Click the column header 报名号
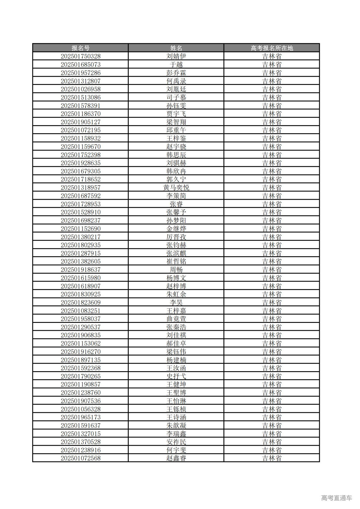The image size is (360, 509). coord(80,48)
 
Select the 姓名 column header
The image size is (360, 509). coord(176,48)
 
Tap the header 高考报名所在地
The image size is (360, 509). coord(272,48)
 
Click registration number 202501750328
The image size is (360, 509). coord(80,56)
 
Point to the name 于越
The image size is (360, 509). coord(176,64)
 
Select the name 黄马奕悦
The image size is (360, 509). coord(176,188)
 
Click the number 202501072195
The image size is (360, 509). coord(80,130)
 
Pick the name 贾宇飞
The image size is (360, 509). coord(176,114)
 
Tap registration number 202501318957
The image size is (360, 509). coord(80,188)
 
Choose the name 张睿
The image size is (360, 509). coord(176,204)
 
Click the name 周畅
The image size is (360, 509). coord(176,270)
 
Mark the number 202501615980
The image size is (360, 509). coord(80,278)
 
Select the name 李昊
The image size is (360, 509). coord(176,303)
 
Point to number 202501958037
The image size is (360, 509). coord(80,319)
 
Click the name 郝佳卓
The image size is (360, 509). coord(176,343)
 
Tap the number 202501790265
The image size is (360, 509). coord(80,376)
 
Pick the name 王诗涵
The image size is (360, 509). coord(176,417)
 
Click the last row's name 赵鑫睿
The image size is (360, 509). coord(176,458)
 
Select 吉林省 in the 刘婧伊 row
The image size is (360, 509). coord(272,56)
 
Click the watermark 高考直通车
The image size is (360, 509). coord(336,498)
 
